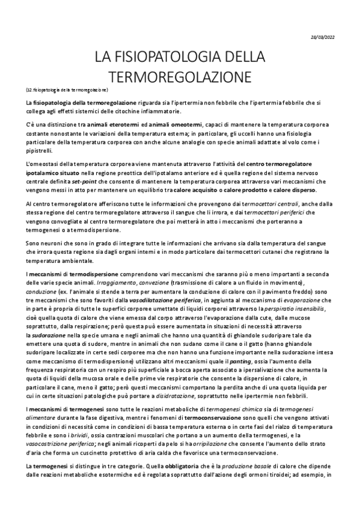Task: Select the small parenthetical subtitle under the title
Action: (x=67, y=90)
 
